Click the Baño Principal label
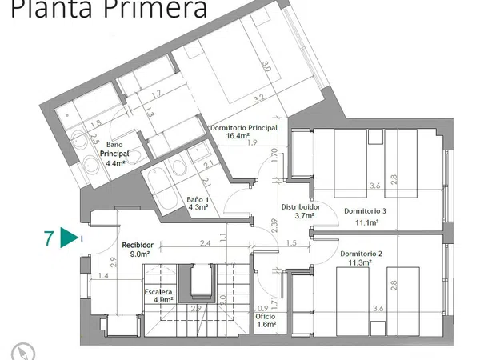tap(115, 148)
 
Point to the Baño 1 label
tap(198, 199)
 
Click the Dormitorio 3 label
tap(366, 211)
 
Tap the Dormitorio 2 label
tap(361, 254)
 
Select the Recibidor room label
tap(138, 246)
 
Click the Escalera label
tap(159, 292)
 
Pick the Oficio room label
tap(266, 316)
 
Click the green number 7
tap(50, 238)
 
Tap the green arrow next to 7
tap(70, 238)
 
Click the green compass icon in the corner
tap(20, 350)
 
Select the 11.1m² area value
tap(366, 222)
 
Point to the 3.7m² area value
tap(305, 214)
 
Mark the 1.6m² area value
tap(266, 325)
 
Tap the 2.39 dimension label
tap(274, 227)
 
